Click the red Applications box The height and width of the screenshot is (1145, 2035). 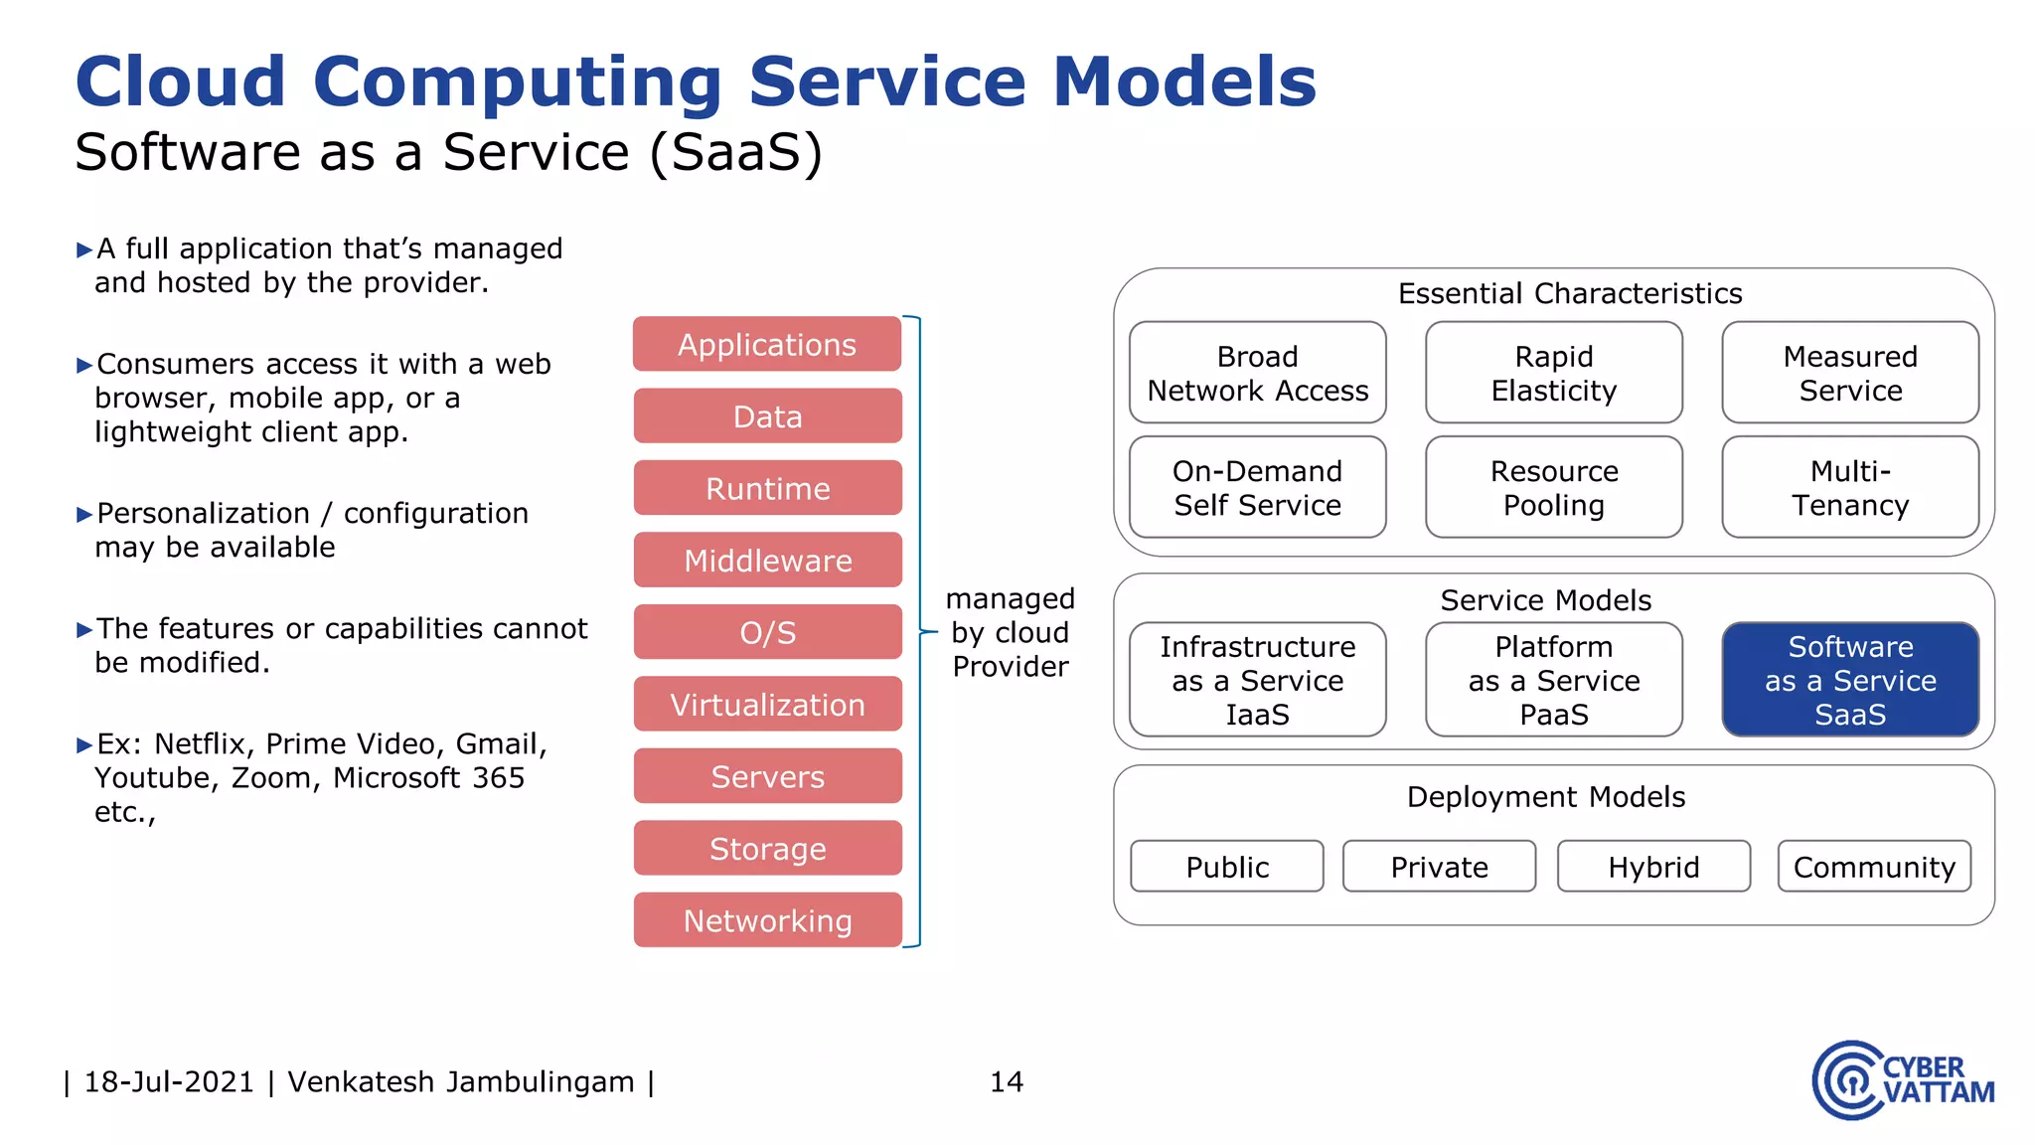[767, 344]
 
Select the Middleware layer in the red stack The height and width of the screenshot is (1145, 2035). [767, 561]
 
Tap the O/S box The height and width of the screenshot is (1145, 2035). [767, 632]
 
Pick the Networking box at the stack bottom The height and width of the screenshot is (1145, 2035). [767, 920]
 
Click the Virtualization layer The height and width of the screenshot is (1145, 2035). [767, 705]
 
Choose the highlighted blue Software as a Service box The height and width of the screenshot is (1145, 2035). [1850, 680]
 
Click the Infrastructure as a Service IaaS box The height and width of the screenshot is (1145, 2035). [1257, 680]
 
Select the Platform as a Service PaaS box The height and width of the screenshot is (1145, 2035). [1553, 680]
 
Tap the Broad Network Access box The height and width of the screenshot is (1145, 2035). [1257, 373]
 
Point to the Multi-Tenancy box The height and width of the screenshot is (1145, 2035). [1850, 487]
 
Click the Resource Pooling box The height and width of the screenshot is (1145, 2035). [1553, 487]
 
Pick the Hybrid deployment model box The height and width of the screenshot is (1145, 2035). [1653, 867]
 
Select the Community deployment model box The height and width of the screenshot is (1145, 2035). [1874, 867]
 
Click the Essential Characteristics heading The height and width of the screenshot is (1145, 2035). [1570, 293]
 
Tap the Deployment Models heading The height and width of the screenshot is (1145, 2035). [1546, 797]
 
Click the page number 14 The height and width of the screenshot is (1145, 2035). [1006, 1081]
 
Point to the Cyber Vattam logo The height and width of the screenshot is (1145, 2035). [1902, 1080]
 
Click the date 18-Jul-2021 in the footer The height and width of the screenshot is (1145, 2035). [169, 1081]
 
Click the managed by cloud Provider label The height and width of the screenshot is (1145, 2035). [1010, 632]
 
